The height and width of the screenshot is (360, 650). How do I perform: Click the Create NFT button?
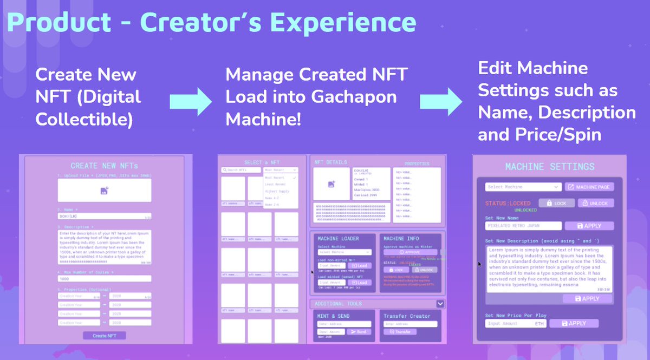pyautogui.click(x=103, y=336)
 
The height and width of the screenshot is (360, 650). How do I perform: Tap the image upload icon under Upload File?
pyautogui.click(x=104, y=190)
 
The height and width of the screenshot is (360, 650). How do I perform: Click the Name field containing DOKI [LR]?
pyautogui.click(x=104, y=216)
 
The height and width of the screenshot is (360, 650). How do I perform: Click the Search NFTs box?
pyautogui.click(x=241, y=170)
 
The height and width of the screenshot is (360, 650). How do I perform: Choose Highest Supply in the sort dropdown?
pyautogui.click(x=277, y=191)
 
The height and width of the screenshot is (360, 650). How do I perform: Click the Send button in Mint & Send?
pyautogui.click(x=359, y=331)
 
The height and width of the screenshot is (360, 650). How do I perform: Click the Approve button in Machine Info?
pyautogui.click(x=410, y=252)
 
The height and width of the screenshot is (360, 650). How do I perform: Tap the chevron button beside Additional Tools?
pyautogui.click(x=440, y=304)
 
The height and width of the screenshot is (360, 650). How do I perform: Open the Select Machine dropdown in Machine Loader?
pyautogui.click(x=344, y=252)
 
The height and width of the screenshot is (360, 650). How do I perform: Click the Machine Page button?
pyautogui.click(x=589, y=187)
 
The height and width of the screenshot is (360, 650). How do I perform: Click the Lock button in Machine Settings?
pyautogui.click(x=556, y=203)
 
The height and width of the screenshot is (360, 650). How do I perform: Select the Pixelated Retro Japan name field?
pyautogui.click(x=523, y=226)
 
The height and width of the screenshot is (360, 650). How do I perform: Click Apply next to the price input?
pyautogui.click(x=574, y=323)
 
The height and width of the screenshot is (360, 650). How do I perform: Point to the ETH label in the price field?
pyautogui.click(x=540, y=323)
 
